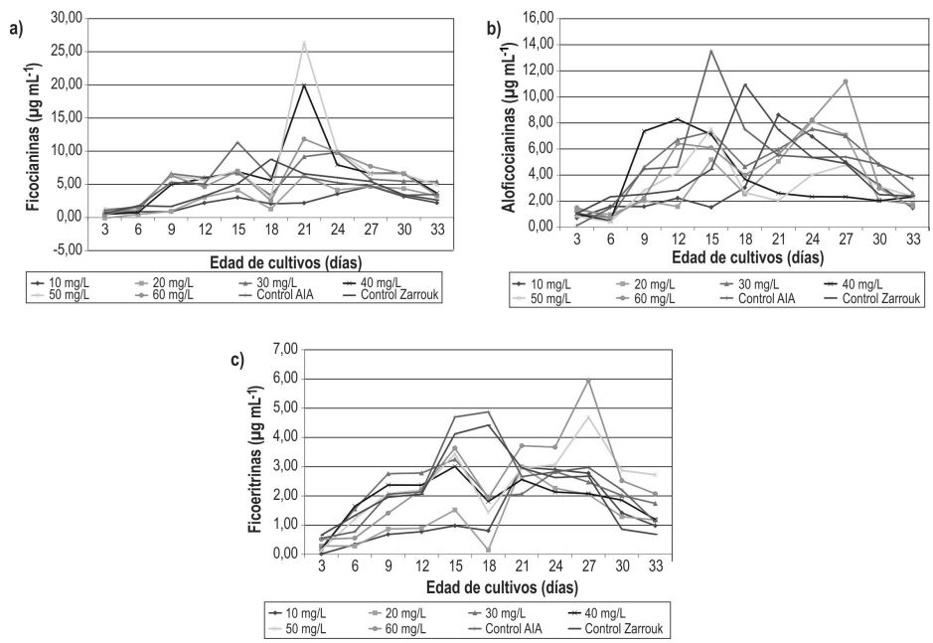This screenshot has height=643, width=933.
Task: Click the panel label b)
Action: (x=493, y=27)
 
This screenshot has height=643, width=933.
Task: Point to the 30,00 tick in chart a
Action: (x=67, y=18)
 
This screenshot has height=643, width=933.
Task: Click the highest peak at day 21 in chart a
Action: (x=304, y=43)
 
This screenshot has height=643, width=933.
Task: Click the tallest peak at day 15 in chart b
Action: (x=710, y=51)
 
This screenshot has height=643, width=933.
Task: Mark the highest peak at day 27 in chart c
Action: (x=589, y=381)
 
